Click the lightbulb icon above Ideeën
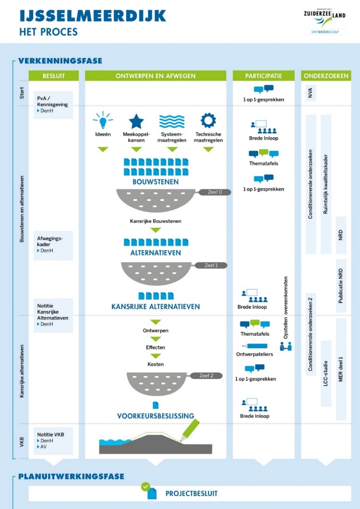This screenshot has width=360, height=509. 103,120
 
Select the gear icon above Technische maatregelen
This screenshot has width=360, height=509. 208,120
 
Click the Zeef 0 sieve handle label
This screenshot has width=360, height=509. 215,192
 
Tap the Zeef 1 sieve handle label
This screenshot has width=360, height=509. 211,265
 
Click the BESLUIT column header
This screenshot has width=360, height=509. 54,76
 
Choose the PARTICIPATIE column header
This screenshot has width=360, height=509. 264,76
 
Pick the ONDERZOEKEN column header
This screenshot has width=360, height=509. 326,76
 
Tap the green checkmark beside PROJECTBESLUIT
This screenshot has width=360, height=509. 146,487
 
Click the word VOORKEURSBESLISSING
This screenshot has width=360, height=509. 155,416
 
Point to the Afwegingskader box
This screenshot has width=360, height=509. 53,245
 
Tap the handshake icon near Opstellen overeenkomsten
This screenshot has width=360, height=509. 286,346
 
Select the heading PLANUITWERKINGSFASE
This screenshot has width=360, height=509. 71,477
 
